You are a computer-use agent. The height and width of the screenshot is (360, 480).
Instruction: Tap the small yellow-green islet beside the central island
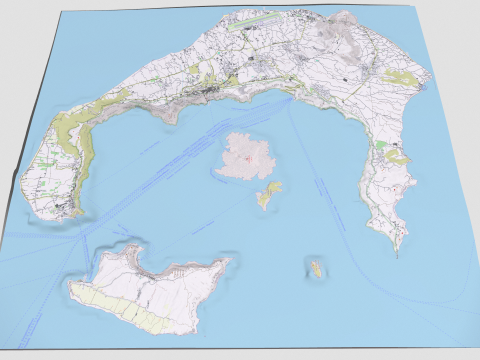267,194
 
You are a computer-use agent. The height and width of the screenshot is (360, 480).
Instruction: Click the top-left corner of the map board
62,12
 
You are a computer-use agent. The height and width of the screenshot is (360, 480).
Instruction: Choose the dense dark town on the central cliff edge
212,96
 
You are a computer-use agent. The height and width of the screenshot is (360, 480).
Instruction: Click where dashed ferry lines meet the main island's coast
290,97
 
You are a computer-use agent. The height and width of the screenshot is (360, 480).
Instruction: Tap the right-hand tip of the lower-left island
231,264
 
